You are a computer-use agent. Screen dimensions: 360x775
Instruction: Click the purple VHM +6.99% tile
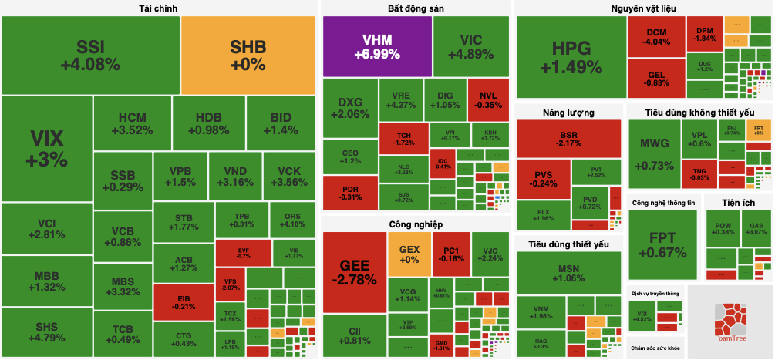pyautogui.click(x=376, y=46)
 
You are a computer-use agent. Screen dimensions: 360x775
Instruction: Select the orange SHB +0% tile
pyautogui.click(x=248, y=55)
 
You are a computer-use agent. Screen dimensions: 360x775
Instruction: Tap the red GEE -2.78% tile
pyautogui.click(x=353, y=271)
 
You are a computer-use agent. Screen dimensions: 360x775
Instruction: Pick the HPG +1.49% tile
pyautogui.click(x=571, y=58)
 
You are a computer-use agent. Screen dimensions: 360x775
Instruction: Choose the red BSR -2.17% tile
pyautogui.click(x=569, y=139)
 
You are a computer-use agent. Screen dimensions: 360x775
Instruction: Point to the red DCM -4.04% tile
pyautogui.click(x=655, y=36)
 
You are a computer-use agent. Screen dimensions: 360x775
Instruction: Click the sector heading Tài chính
pyautogui.click(x=158, y=8)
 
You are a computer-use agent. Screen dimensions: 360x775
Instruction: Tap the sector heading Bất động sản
pyautogui.click(x=416, y=8)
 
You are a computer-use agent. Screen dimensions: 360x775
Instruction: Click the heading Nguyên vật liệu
pyautogui.click(x=643, y=8)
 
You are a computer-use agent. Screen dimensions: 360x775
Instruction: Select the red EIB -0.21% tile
pyautogui.click(x=184, y=302)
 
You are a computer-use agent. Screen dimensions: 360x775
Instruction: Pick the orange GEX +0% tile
pyautogui.click(x=409, y=255)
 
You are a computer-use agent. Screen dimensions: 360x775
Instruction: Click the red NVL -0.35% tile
pyautogui.click(x=489, y=100)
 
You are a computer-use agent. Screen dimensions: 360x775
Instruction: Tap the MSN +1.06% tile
pyautogui.click(x=568, y=273)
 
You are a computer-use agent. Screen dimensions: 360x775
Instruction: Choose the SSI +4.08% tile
pyautogui.click(x=91, y=55)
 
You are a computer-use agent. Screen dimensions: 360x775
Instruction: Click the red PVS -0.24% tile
pyautogui.click(x=543, y=179)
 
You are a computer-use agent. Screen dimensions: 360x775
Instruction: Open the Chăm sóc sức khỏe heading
pyautogui.click(x=655, y=348)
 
